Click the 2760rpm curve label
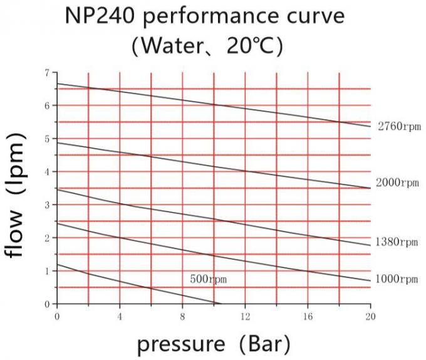click(398, 127)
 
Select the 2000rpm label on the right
click(397, 183)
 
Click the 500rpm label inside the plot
click(209, 278)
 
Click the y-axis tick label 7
click(46, 73)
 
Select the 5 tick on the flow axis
click(46, 139)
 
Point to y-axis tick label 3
click(46, 205)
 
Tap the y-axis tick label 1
click(46, 271)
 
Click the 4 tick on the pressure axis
click(120, 316)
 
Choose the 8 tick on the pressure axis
click(182, 316)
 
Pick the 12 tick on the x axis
click(245, 316)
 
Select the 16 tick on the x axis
click(308, 316)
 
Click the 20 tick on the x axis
click(370, 316)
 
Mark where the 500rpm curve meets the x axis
click(221, 304)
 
